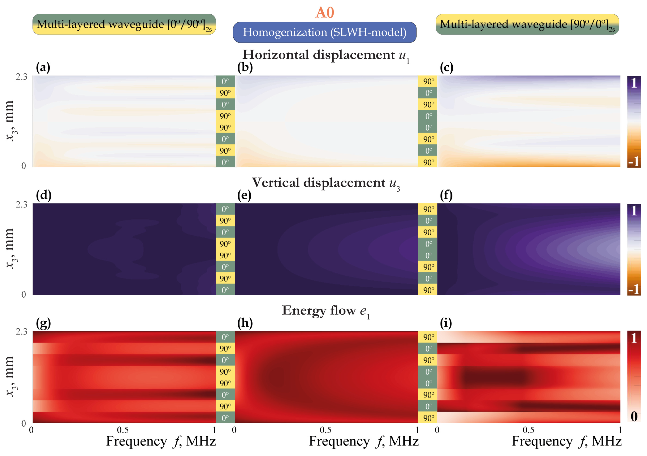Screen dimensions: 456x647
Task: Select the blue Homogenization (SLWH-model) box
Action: tap(324, 32)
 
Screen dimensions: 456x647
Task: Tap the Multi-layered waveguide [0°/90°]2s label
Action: tap(124, 24)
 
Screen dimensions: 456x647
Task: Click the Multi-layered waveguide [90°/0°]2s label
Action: tap(527, 24)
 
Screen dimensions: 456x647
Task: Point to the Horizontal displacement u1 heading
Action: tap(325, 55)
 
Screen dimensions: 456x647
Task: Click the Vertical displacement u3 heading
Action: tap(325, 183)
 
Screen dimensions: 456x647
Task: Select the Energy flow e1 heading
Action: tap(325, 311)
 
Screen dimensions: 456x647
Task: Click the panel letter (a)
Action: tap(43, 67)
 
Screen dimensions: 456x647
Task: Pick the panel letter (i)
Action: tap(446, 323)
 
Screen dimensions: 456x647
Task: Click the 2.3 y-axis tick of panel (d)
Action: tap(21, 204)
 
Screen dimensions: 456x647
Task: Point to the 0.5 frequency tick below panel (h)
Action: tap(325, 430)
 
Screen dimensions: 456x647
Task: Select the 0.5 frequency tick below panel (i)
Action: tap(528, 430)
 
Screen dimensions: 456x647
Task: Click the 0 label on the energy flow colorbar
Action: tap(634, 416)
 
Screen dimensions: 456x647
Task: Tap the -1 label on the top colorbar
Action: tap(634, 162)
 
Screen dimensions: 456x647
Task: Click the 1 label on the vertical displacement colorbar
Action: tap(634, 211)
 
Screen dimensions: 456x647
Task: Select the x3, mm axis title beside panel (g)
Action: tap(10, 376)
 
